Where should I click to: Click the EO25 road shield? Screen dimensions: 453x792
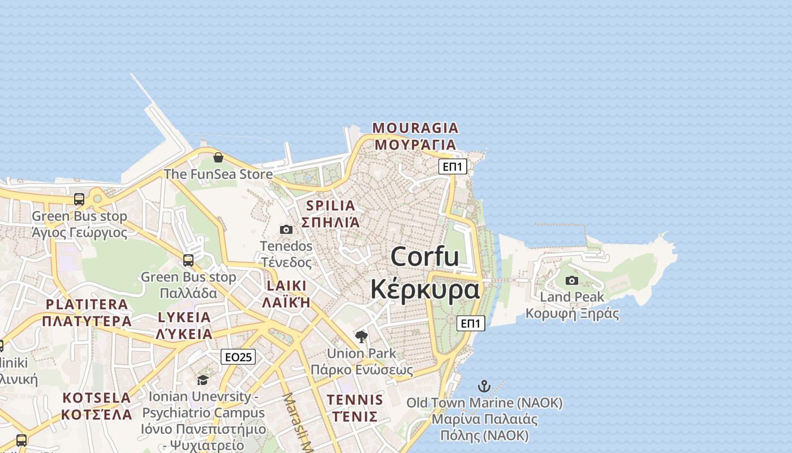238,357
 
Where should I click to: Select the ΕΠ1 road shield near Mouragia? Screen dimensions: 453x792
453,166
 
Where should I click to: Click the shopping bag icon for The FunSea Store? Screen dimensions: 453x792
218,157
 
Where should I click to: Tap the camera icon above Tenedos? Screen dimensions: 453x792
286,229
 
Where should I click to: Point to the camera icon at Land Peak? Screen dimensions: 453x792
572,280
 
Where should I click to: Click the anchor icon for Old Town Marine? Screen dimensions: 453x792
484,387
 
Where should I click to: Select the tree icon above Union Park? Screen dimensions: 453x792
361,337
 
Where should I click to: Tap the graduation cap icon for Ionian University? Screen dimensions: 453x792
203,380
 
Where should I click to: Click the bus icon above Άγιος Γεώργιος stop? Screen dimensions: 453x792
79,199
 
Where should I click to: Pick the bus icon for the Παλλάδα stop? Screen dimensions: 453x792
188,260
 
